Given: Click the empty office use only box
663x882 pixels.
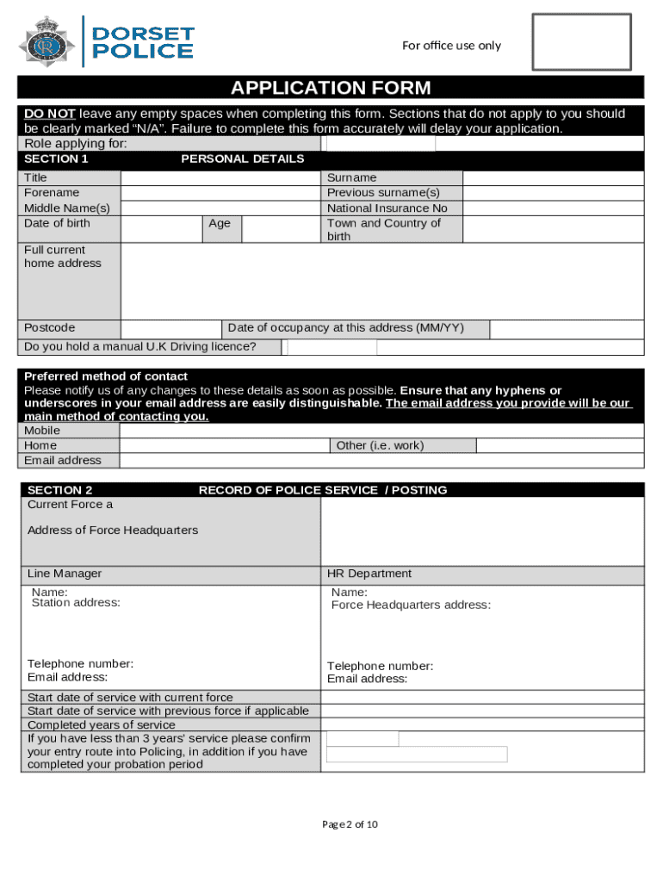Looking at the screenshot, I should (x=580, y=41).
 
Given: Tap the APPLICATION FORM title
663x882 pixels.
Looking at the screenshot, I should (x=331, y=88).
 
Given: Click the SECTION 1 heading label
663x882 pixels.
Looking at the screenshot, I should (x=56, y=159).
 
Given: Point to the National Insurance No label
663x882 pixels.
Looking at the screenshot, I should (x=387, y=208).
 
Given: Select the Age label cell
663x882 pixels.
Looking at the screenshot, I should (x=220, y=224).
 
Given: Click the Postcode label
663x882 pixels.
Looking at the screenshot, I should (x=49, y=328).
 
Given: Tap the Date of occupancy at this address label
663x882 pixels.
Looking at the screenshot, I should (x=345, y=328).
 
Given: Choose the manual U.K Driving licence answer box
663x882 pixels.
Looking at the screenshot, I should (x=332, y=347).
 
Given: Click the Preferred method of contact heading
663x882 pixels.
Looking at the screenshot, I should (x=106, y=376).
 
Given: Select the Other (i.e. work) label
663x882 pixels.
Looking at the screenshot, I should (x=380, y=445).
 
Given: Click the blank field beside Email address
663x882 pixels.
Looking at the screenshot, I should (x=381, y=461).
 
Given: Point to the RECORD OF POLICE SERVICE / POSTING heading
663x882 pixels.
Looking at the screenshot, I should (x=323, y=490).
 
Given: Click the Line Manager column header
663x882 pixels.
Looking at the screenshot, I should (x=65, y=574).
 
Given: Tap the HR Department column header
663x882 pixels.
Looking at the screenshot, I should (x=369, y=574).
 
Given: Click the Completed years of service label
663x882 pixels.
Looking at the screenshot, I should (x=101, y=725).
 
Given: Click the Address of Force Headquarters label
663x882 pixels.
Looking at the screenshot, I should (x=113, y=531).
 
